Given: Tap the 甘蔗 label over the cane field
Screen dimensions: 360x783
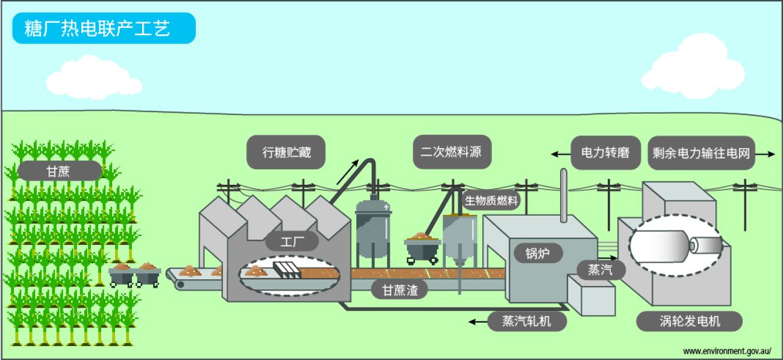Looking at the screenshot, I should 58,171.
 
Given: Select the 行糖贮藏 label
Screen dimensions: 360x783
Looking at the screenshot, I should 286,153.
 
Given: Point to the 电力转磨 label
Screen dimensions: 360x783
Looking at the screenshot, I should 605,153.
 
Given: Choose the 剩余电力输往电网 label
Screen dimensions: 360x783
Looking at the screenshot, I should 702,153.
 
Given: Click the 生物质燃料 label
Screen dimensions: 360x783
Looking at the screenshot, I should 491,200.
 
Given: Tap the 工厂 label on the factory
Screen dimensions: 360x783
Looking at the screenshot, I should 292,243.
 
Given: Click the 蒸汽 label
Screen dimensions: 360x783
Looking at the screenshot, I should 599,269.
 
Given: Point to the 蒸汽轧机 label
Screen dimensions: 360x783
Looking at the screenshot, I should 526,321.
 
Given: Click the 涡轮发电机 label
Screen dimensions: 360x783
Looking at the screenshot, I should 689,321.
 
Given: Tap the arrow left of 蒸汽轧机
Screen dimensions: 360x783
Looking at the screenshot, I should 479,322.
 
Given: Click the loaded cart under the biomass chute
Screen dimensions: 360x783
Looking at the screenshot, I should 422,247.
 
